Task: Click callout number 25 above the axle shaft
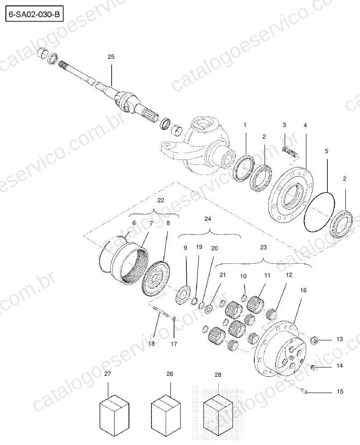point(111,57)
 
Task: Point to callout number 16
point(303,290)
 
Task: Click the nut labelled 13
point(315,339)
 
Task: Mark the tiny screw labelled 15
point(304,392)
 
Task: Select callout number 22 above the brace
point(161,201)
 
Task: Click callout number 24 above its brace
point(208,219)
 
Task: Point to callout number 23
point(263,247)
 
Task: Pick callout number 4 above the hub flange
point(305,125)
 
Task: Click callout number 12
point(289,275)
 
